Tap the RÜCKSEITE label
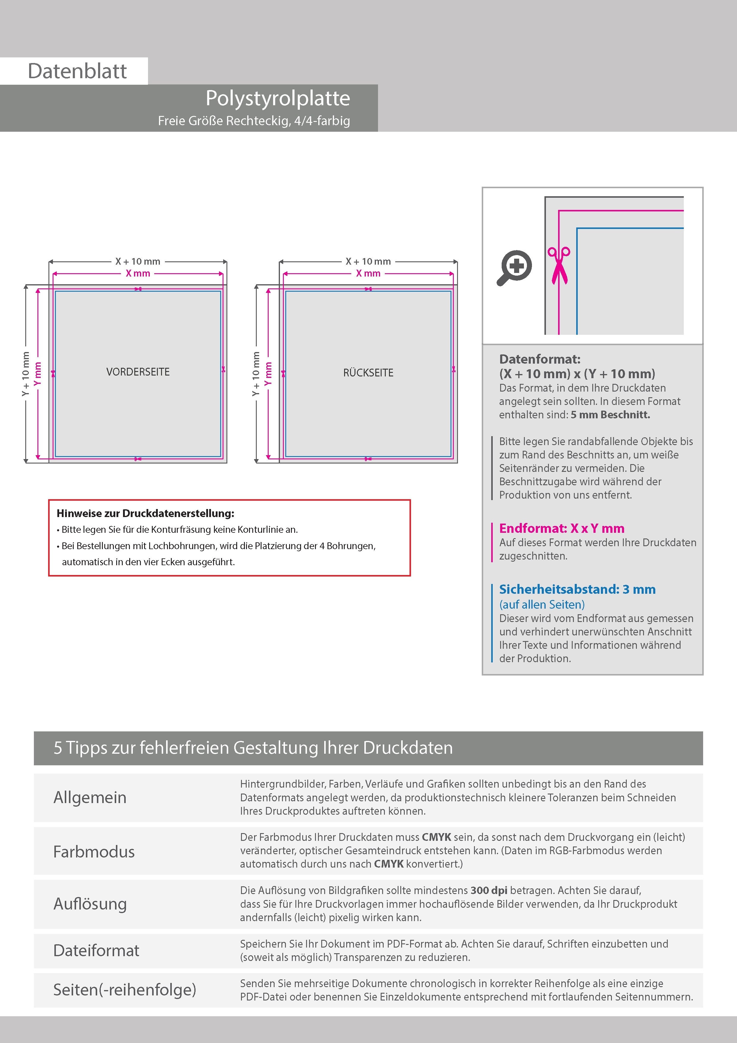[368, 373]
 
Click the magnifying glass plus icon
[515, 267]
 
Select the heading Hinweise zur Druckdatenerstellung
[145, 513]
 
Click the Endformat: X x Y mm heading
[562, 528]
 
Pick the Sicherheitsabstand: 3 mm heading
[577, 589]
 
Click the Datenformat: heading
[539, 359]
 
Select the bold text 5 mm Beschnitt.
[610, 415]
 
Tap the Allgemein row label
[90, 797]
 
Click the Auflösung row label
[90, 904]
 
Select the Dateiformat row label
[96, 950]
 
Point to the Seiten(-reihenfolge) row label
[125, 989]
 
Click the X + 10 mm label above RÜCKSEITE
[368, 262]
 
